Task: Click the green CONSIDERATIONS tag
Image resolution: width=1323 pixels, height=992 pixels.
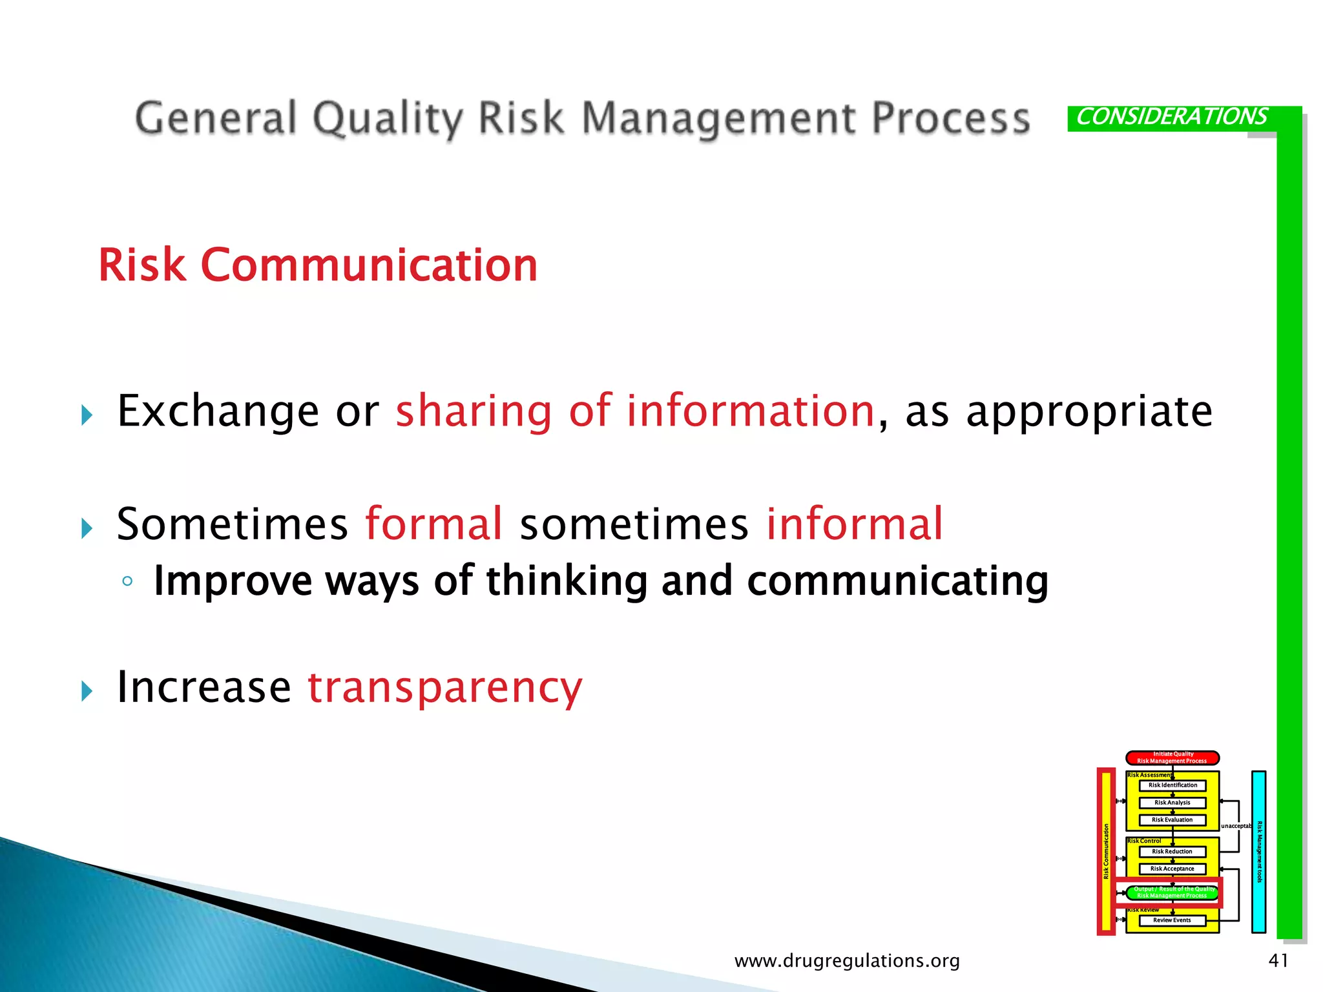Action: (x=1171, y=118)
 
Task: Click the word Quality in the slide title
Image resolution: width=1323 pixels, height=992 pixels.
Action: (x=387, y=119)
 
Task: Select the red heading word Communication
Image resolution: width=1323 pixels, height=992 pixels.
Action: (x=369, y=265)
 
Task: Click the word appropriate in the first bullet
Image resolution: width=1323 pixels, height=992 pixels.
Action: (x=1089, y=411)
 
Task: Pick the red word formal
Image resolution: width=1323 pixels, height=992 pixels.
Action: (x=433, y=524)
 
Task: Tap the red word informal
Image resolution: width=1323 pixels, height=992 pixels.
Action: (x=854, y=524)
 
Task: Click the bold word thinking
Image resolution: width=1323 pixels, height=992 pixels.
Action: (x=567, y=581)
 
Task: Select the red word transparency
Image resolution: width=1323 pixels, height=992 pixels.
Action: (x=445, y=687)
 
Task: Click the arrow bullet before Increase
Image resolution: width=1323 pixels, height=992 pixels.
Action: (x=87, y=692)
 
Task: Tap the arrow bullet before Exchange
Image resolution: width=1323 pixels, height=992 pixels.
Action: (x=87, y=415)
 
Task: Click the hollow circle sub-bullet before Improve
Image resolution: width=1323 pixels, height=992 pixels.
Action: (x=127, y=581)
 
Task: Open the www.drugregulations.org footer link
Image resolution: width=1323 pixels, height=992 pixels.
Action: (x=847, y=961)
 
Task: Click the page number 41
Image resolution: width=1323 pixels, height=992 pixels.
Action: (x=1278, y=960)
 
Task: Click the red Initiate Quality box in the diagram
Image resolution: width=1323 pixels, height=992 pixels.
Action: (x=1172, y=758)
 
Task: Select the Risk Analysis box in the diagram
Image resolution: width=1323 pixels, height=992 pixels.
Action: (x=1172, y=803)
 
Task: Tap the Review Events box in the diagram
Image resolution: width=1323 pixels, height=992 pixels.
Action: (x=1172, y=920)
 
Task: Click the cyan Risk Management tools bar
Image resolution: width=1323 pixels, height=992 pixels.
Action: (x=1258, y=852)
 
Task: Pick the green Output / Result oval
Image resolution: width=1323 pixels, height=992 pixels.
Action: (x=1172, y=893)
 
